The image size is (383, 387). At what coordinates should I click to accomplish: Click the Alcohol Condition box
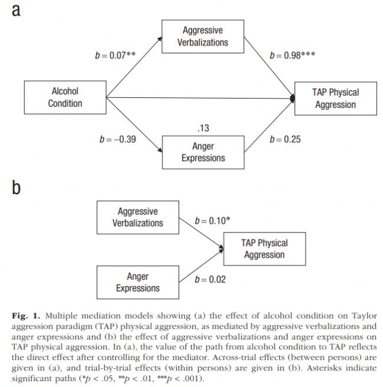tap(65, 98)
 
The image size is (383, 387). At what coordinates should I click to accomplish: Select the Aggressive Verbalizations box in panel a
tap(203, 37)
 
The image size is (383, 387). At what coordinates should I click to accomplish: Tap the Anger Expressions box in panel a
tap(203, 152)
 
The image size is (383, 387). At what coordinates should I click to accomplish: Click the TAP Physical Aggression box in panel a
tap(335, 98)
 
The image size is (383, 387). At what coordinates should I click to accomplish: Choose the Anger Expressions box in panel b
tap(137, 282)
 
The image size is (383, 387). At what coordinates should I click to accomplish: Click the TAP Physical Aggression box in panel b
tap(263, 248)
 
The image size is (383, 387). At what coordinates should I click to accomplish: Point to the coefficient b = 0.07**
tap(115, 55)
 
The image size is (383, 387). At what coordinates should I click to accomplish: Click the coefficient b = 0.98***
tap(292, 55)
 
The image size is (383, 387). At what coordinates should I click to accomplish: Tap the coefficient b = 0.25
tap(285, 140)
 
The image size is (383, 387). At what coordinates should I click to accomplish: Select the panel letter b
tap(18, 188)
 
